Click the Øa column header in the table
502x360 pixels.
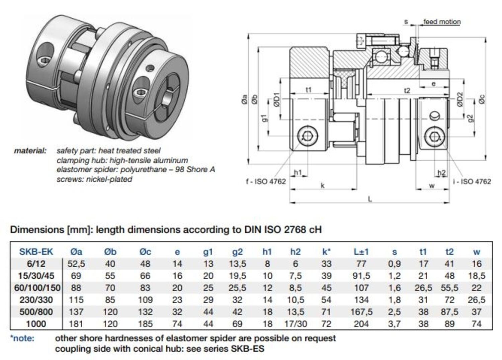[76, 252]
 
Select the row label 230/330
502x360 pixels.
[36, 300]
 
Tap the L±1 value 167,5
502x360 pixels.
[361, 312]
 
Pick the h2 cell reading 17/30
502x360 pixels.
[295, 324]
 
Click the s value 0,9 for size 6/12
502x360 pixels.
[394, 264]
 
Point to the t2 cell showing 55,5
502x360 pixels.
[449, 288]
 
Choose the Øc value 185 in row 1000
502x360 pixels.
[145, 324]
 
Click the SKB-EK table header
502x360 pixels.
[36, 252]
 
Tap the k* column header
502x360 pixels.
[326, 252]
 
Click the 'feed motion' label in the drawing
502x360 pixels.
[442, 22]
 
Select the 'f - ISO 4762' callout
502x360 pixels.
[266, 182]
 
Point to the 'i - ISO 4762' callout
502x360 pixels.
[472, 182]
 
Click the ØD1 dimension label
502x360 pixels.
[276, 99]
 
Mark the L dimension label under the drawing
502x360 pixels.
[370, 199]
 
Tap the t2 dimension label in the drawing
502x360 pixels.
[407, 91]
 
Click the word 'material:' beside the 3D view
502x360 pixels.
[30, 151]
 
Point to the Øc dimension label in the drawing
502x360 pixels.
[482, 99]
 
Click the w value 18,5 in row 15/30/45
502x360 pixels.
[477, 276]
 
